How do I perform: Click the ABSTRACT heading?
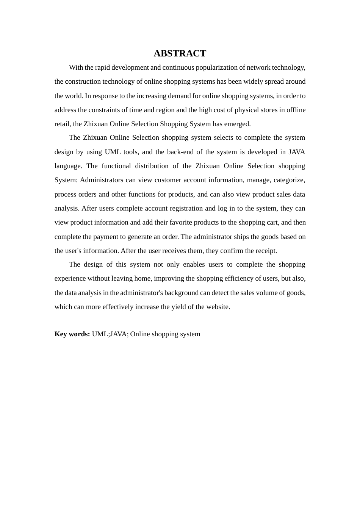click(180, 53)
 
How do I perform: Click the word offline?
click(295, 110)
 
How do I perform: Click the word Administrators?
click(102, 180)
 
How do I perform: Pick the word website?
click(218, 307)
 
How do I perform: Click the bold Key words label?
click(72, 334)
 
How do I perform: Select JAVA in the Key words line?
click(119, 334)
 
